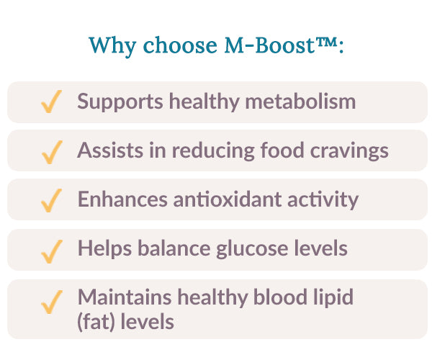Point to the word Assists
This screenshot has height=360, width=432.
click(x=104, y=151)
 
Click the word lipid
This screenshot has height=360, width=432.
click(x=335, y=297)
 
